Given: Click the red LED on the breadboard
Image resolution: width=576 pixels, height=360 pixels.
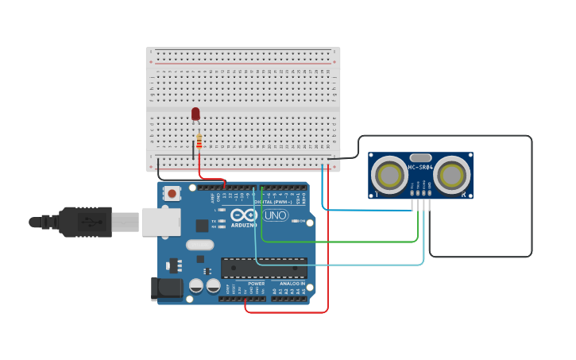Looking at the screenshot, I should pyautogui.click(x=195, y=114).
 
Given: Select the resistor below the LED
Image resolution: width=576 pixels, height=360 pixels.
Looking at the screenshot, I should pyautogui.click(x=199, y=142).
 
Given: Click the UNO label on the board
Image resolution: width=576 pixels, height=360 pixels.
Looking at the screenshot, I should pyautogui.click(x=276, y=215).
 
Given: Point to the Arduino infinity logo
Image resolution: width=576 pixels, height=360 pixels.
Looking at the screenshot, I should pyautogui.click(x=245, y=215).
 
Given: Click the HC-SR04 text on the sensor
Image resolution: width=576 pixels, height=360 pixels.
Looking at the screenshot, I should pyautogui.click(x=420, y=168).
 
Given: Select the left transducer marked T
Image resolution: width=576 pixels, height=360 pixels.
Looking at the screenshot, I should pyautogui.click(x=389, y=174).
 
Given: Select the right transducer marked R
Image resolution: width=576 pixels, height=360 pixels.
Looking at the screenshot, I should pyautogui.click(x=452, y=174).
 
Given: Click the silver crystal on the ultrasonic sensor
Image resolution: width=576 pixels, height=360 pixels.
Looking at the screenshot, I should pyautogui.click(x=420, y=157).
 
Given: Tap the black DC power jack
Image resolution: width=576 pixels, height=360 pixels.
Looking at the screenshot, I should pyautogui.click(x=167, y=288).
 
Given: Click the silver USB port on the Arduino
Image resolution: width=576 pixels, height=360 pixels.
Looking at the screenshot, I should pyautogui.click(x=160, y=222).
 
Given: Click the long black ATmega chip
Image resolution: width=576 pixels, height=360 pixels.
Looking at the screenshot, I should pyautogui.click(x=264, y=269).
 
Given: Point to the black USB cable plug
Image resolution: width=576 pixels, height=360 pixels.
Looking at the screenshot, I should pyautogui.click(x=83, y=223).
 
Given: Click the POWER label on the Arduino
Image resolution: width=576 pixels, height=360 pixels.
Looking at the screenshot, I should pyautogui.click(x=256, y=284).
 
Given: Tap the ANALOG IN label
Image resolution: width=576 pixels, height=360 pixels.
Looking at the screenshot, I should pyautogui.click(x=291, y=284).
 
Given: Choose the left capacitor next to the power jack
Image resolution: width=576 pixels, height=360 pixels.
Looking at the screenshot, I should pyautogui.click(x=196, y=285).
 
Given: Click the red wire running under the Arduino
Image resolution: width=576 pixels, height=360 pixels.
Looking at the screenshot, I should pyautogui.click(x=286, y=312).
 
